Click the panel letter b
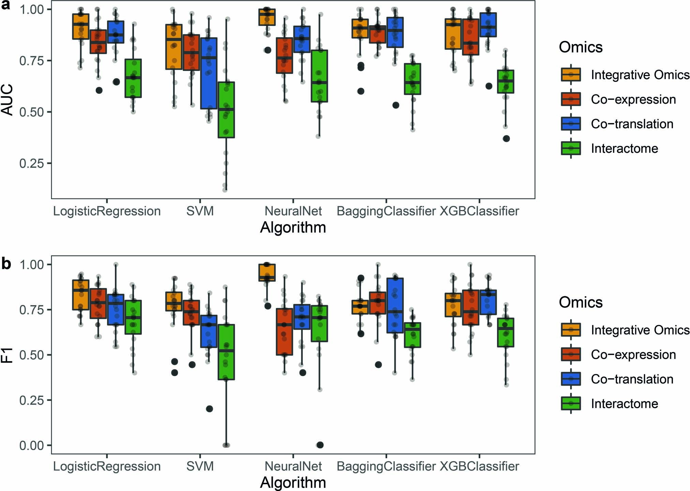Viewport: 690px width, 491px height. (6, 264)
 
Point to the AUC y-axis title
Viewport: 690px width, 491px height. (7, 100)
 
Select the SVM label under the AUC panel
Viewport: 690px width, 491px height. (200, 211)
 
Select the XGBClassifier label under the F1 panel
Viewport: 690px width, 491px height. (479, 466)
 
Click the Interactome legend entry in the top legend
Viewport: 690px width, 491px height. (624, 148)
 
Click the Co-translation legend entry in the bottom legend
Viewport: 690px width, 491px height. (632, 379)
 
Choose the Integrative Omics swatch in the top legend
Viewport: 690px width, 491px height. (571, 74)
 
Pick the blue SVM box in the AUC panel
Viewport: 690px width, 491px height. (209, 73)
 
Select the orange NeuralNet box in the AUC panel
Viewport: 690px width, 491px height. (267, 17)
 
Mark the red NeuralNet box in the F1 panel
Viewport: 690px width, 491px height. (284, 332)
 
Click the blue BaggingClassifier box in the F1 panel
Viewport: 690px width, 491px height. (395, 306)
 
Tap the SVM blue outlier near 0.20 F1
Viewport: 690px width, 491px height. (209, 409)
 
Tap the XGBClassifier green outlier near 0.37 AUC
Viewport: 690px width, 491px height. (506, 138)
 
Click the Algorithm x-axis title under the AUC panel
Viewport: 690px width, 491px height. (293, 227)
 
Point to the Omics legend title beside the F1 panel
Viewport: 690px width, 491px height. (581, 302)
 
